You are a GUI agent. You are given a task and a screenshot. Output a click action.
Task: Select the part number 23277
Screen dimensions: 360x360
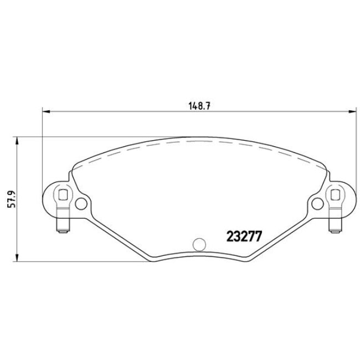coord(242,235)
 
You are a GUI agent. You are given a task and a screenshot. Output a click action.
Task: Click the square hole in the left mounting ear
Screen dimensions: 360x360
coord(63,194)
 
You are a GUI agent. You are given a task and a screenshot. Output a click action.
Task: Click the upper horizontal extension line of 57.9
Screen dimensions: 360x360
coord(83,136)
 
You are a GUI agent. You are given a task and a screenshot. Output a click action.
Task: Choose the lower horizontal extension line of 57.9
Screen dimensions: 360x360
coord(83,261)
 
